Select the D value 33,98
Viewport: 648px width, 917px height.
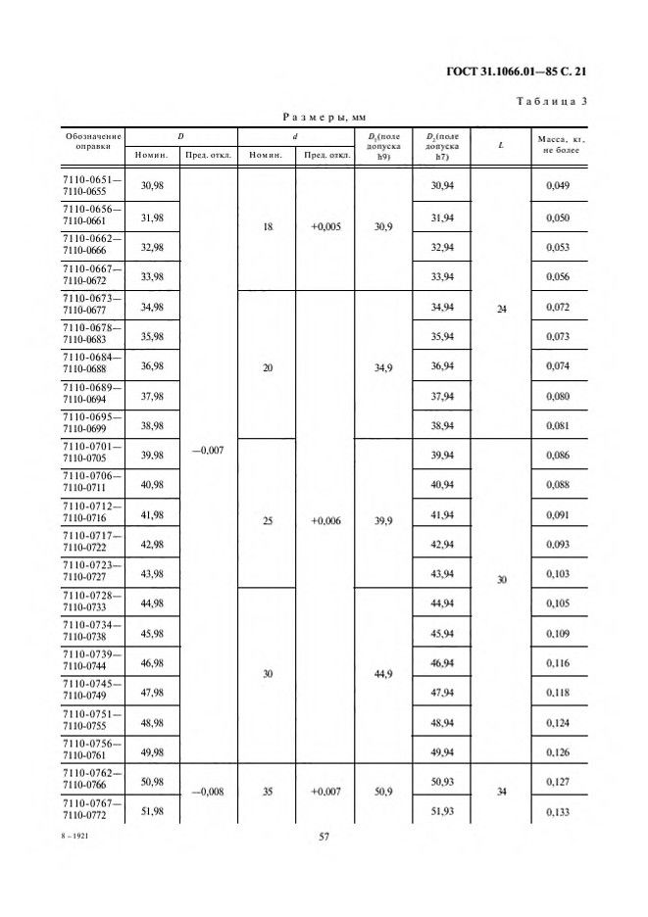point(153,276)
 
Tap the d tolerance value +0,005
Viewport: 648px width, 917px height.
point(325,225)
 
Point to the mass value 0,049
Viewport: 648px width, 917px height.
point(558,186)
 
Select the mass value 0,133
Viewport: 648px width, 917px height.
point(558,810)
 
